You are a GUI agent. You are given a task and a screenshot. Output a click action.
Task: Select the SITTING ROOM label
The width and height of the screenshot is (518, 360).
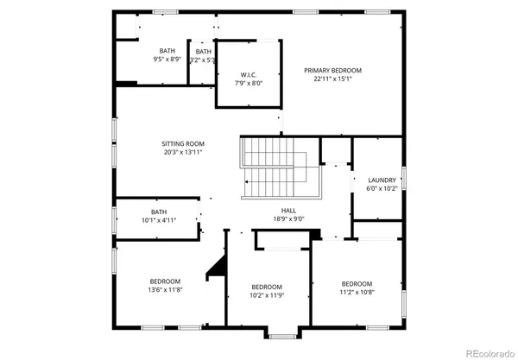(183, 143)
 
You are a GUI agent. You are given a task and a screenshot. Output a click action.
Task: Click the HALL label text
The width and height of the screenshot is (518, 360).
(288, 210)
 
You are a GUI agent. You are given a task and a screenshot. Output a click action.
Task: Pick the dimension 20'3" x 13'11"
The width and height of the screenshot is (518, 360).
(183, 152)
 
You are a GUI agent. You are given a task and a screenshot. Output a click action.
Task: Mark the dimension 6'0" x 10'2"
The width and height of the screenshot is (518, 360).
(382, 188)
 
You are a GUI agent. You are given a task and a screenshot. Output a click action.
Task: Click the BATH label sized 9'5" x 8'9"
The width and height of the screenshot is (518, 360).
(167, 51)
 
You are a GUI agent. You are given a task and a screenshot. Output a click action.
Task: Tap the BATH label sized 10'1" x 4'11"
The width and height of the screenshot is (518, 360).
(159, 212)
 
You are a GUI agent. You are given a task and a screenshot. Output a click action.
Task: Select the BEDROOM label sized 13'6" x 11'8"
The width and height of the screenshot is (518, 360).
(165, 281)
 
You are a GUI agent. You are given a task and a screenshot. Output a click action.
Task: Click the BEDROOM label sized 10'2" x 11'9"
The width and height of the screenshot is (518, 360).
(267, 287)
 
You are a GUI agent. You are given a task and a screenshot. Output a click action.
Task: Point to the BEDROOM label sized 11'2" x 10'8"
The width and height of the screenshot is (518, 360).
(357, 284)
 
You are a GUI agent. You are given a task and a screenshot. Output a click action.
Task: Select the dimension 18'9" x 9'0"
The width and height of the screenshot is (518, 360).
(288, 219)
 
